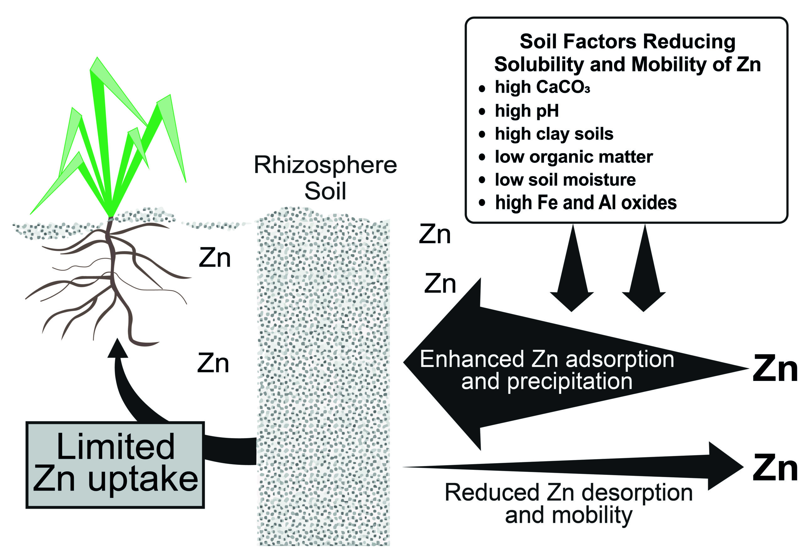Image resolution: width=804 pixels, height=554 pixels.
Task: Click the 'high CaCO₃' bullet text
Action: [542, 87]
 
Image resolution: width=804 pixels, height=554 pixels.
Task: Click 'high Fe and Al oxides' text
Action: [586, 203]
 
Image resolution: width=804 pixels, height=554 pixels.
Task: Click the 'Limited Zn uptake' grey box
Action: [115, 465]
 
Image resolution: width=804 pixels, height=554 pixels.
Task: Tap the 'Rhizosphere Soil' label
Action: [325, 178]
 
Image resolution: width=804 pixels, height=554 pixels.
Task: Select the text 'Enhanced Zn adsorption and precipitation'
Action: [547, 370]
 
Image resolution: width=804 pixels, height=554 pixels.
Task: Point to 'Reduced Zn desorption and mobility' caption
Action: [569, 504]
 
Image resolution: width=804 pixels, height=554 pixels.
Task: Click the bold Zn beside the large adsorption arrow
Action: [775, 369]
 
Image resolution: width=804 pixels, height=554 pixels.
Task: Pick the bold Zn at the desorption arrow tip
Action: [775, 468]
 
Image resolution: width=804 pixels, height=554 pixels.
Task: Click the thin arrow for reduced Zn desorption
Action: [573, 466]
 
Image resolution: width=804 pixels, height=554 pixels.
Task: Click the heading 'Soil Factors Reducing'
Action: [627, 42]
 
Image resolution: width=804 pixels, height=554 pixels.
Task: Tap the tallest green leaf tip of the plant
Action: [97, 57]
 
